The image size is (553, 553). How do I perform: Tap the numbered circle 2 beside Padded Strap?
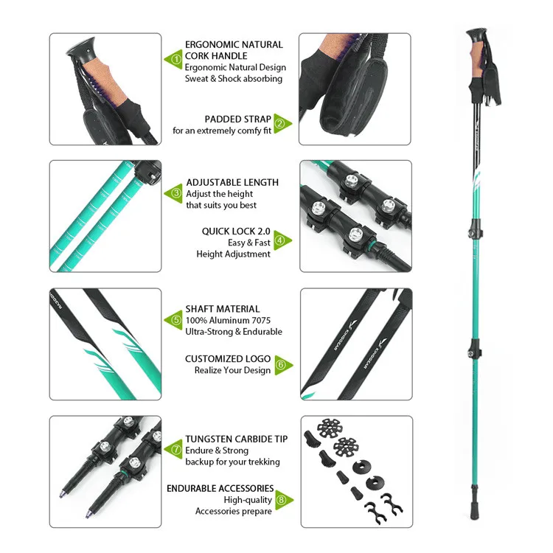279,122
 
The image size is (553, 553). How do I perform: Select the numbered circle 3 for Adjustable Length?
175,193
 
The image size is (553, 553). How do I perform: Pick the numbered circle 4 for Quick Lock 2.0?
279,240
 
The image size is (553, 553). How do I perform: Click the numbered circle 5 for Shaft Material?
175,319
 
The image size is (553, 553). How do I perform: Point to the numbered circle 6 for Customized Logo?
279,364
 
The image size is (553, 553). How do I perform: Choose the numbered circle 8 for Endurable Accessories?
279,499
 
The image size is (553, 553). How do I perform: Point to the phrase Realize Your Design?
232,370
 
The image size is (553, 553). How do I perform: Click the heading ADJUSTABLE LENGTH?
232,182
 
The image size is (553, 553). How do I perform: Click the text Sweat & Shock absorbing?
234,78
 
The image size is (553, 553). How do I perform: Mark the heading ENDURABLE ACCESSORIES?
220,488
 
